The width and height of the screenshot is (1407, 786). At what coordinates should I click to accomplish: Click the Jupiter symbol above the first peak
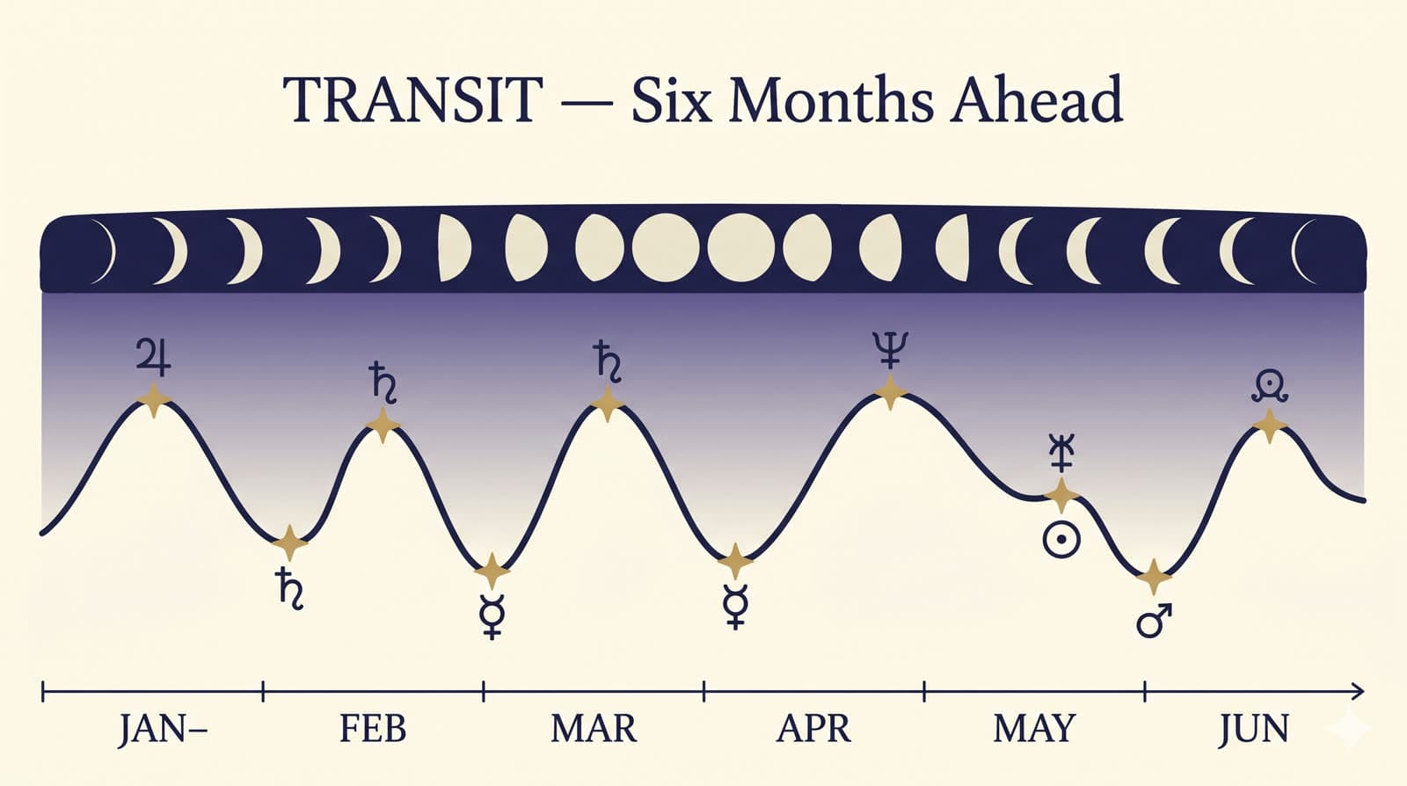(x=154, y=357)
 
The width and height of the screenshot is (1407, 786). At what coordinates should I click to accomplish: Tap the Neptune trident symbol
(x=890, y=350)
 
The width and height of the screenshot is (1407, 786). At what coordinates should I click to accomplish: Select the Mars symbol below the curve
(x=1154, y=622)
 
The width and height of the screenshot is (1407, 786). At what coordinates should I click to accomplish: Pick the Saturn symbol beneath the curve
(x=289, y=588)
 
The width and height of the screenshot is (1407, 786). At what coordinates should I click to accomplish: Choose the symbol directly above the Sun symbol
(x=1061, y=452)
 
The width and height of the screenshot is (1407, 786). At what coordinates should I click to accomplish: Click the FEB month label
(x=373, y=729)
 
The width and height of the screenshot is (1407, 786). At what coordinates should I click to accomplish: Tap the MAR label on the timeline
(x=594, y=729)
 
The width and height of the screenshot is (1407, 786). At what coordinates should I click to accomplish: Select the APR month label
(x=814, y=729)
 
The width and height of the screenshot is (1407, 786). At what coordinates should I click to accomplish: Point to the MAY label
(x=1034, y=729)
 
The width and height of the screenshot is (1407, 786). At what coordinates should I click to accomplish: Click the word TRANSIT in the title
(x=412, y=99)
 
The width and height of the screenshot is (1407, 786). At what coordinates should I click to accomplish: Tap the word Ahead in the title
(x=1037, y=98)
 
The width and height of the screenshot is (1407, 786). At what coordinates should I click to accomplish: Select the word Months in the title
(x=830, y=98)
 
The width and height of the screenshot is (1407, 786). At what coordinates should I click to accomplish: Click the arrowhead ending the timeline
(x=1357, y=692)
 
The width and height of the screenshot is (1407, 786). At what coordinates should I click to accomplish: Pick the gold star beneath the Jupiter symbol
(x=154, y=400)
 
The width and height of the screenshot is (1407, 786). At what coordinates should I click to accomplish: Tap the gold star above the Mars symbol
(x=1154, y=576)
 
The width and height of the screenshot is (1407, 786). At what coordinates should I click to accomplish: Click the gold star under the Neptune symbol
(x=890, y=392)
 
